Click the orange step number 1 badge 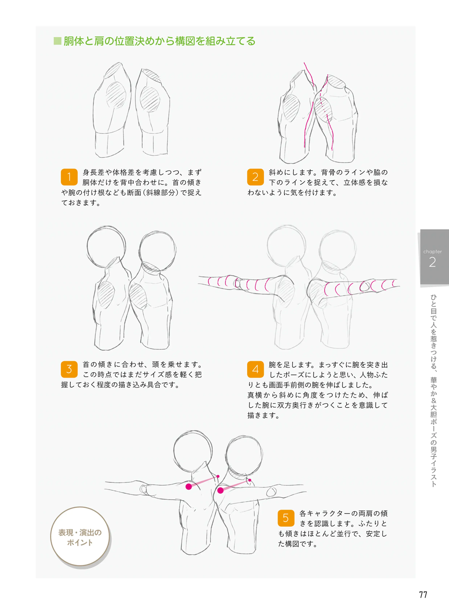pos(69,177)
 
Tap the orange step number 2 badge pos(255,177)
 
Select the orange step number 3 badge pos(69,369)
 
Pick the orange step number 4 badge pos(255,369)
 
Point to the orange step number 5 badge pos(286,518)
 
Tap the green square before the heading pos(57,41)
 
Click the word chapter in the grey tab pos(432,252)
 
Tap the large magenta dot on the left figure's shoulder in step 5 pos(189,486)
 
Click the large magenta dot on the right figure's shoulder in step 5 pos(220,490)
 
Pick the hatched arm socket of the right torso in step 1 pos(150,99)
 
